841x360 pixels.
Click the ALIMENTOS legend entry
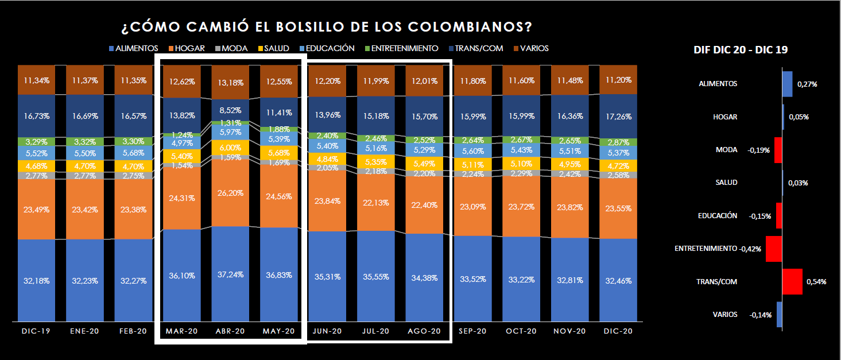coord(133,49)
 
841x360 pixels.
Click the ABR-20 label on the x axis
coord(230,331)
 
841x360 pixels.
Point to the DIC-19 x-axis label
coord(36,331)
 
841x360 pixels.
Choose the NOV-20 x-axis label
coord(569,331)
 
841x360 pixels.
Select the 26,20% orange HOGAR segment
coord(230,193)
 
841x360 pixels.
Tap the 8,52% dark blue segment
coord(230,110)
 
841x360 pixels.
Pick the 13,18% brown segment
coord(230,82)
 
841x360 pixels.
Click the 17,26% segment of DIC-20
coord(618,117)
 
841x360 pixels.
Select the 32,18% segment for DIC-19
coord(36,281)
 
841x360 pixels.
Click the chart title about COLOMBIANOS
coord(327,27)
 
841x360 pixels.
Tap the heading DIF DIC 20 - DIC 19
coord(741,50)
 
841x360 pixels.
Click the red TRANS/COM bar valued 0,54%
coord(793,281)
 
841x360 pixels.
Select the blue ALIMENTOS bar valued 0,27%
coord(788,83)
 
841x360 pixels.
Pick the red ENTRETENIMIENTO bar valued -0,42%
coord(774,249)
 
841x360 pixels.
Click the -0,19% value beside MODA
coord(758,150)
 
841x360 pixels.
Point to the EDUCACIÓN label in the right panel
coord(717,216)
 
